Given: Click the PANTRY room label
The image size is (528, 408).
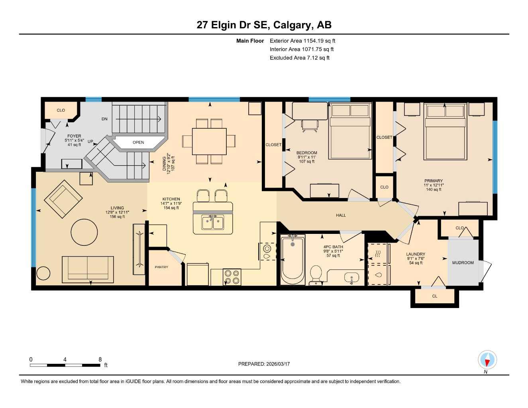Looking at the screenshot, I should coord(161,267).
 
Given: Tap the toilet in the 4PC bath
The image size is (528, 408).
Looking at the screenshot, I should coord(316,275).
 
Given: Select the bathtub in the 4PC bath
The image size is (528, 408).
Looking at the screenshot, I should coord(292,259).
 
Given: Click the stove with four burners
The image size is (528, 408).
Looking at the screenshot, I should coord(232,277).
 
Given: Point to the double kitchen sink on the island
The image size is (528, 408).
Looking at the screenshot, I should coord(212,222).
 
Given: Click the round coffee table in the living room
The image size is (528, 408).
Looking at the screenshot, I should coord(84,232).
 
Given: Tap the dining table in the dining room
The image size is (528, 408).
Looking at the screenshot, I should coord(209,141).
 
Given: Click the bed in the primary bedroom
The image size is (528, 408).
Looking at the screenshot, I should coord(445,131).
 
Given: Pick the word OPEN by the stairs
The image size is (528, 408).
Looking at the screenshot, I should coord(138,142).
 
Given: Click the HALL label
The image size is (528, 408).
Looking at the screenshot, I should coord(341,215).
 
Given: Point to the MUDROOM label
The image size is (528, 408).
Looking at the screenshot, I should coord(463,263).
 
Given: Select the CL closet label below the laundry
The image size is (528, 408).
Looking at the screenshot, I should coord(434,296).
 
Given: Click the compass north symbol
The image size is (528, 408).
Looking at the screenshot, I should coord(487,361).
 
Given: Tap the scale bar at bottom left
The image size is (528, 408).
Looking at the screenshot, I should coord(65,365).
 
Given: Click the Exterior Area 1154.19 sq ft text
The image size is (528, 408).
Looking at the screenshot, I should coord(302,41).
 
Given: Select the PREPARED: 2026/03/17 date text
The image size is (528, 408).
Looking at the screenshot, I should coord(264,364).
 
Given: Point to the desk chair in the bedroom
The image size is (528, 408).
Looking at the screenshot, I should coord(310,125).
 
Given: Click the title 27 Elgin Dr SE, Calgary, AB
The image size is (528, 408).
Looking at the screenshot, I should coord(264,25).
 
